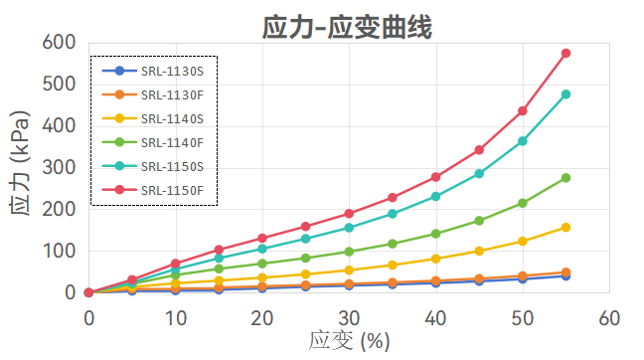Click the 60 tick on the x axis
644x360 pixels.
(x=609, y=317)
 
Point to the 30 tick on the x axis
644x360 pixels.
(x=349, y=317)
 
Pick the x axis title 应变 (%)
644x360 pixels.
(x=349, y=341)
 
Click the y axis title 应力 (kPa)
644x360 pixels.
(x=21, y=167)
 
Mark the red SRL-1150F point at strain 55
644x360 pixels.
(x=565, y=53)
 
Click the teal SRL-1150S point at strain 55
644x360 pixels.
(x=565, y=94)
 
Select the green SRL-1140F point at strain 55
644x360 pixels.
(x=565, y=178)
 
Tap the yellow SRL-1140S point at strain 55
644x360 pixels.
(x=565, y=228)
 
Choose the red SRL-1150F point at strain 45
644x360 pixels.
(x=479, y=150)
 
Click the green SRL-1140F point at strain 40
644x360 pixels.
(x=435, y=234)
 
